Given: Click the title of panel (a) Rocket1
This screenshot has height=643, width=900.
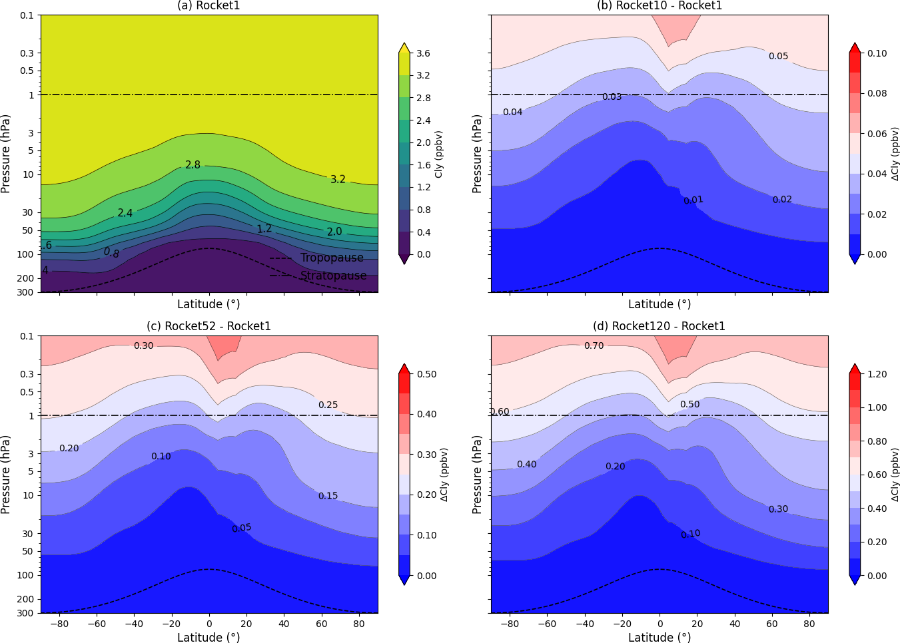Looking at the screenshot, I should click(x=209, y=6).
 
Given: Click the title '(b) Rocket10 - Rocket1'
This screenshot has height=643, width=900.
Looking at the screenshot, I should click(x=659, y=6).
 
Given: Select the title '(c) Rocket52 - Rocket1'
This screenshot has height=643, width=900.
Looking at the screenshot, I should click(x=209, y=326).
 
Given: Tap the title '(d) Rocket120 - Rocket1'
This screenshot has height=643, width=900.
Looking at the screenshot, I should click(x=659, y=326).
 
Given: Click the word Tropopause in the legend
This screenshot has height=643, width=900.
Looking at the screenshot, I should click(x=332, y=258).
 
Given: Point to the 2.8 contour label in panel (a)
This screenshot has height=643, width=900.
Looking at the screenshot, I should click(x=193, y=164).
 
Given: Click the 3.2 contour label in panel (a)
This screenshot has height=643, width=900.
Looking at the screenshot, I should click(x=338, y=179).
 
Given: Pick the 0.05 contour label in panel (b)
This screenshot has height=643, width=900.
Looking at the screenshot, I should click(x=778, y=56).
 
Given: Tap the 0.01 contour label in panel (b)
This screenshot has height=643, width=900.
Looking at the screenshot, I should click(x=693, y=200).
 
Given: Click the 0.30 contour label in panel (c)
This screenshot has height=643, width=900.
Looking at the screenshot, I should click(x=143, y=345).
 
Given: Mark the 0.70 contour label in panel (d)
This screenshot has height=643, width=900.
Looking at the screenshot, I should click(x=594, y=345).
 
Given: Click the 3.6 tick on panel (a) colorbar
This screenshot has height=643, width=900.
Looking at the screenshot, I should click(x=423, y=53).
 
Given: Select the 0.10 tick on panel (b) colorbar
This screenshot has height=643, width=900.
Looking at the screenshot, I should click(x=877, y=53).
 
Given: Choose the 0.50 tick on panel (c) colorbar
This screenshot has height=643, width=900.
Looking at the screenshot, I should click(x=426, y=374).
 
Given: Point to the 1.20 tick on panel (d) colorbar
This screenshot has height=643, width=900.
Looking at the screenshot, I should click(x=877, y=374).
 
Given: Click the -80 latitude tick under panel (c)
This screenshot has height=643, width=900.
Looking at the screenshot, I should click(x=59, y=624).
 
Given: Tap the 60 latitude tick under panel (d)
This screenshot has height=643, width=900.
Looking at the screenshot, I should click(x=772, y=624).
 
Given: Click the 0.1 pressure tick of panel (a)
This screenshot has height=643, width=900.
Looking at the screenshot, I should click(x=27, y=15).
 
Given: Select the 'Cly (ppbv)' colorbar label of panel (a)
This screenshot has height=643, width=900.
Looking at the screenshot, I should click(x=438, y=154).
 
